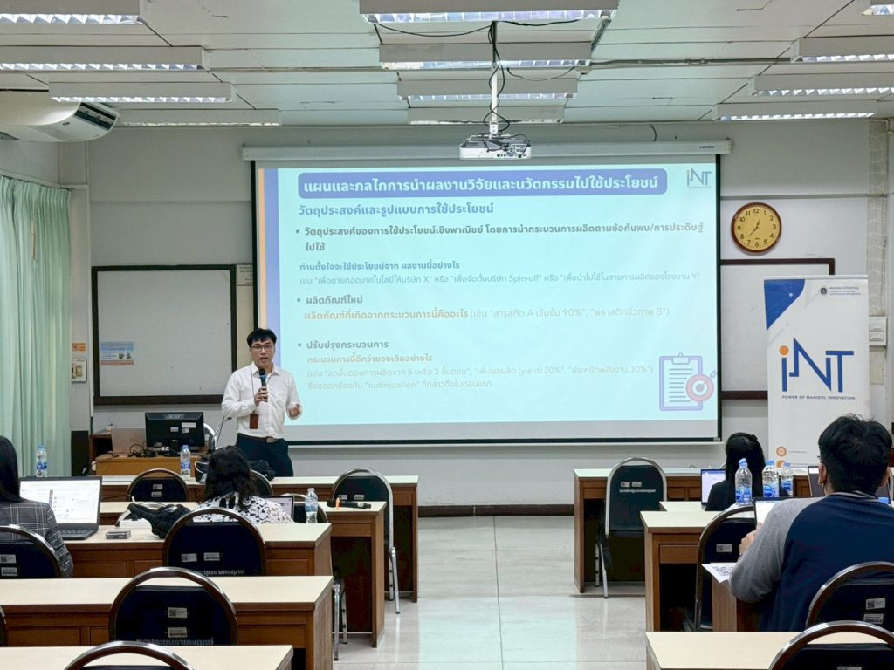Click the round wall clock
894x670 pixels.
tap(755, 228)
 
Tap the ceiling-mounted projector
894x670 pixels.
tap(495, 147)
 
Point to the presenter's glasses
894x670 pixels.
tap(261, 346)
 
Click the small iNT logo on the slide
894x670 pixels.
tap(698, 178)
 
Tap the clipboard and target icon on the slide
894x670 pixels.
tap(686, 382)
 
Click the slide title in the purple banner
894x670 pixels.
tap(482, 184)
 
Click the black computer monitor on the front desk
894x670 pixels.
tap(175, 429)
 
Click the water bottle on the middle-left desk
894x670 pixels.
tap(312, 506)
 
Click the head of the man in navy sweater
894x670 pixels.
tap(854, 454)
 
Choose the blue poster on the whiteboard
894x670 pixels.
tap(116, 352)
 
